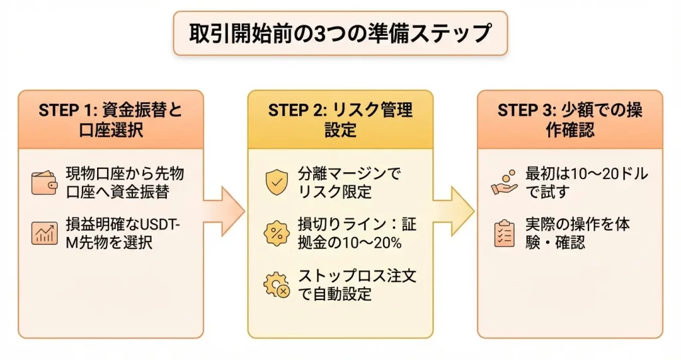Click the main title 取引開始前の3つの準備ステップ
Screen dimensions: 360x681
[340, 33]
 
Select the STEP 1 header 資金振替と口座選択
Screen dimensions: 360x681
[110, 119]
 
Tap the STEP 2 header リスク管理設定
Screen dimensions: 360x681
[340, 119]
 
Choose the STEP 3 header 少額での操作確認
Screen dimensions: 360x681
[570, 119]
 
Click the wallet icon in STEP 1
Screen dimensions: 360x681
[44, 183]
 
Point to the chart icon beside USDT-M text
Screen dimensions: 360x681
[44, 233]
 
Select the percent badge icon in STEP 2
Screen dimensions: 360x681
[276, 234]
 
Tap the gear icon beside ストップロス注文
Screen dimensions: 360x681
[276, 285]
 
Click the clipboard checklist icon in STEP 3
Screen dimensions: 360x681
[505, 234]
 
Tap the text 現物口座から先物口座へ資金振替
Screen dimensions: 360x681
[125, 183]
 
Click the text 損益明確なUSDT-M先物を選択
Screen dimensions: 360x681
[124, 234]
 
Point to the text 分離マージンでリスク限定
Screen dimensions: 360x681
[350, 183]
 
